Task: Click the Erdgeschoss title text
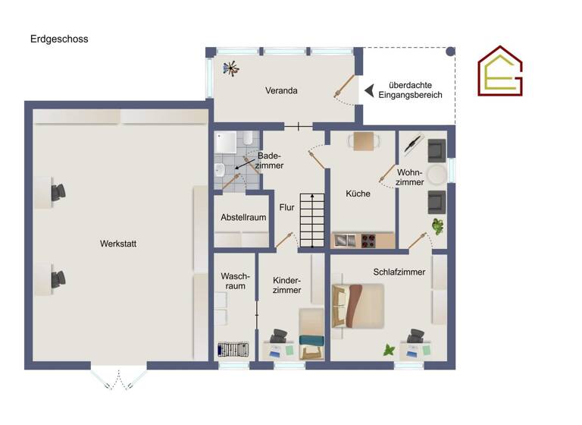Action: pos(59,39)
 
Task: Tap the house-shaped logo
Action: pos(499,71)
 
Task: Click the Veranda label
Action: pos(280,90)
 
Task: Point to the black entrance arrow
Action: pos(369,91)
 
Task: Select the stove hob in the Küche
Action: pos(368,241)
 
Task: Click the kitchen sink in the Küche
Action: pos(345,241)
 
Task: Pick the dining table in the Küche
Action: pos(364,141)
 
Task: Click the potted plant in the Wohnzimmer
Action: pos(437,225)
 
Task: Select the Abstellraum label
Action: pos(242,217)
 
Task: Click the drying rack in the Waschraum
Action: pos(233,350)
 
